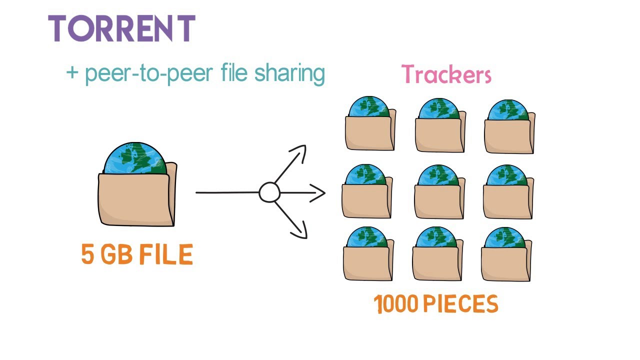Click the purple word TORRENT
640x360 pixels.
(121, 29)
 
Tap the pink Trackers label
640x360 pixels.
(446, 75)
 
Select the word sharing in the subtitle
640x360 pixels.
(289, 73)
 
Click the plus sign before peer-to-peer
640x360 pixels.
(73, 73)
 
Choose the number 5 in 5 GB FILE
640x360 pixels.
(87, 255)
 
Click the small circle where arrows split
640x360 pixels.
(269, 192)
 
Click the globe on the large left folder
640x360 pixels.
(134, 158)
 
